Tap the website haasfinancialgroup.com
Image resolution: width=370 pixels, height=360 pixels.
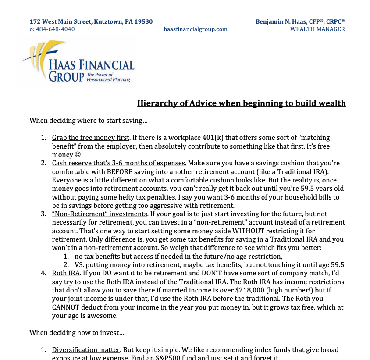196,29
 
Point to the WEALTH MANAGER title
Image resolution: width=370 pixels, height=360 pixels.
317,29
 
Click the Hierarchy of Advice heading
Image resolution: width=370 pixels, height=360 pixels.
242,103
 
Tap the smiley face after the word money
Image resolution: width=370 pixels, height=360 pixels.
78,155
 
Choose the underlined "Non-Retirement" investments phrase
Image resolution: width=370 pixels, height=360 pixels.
100,214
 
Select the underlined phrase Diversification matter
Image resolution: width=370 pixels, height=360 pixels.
86,350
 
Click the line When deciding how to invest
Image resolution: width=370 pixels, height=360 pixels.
77,333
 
